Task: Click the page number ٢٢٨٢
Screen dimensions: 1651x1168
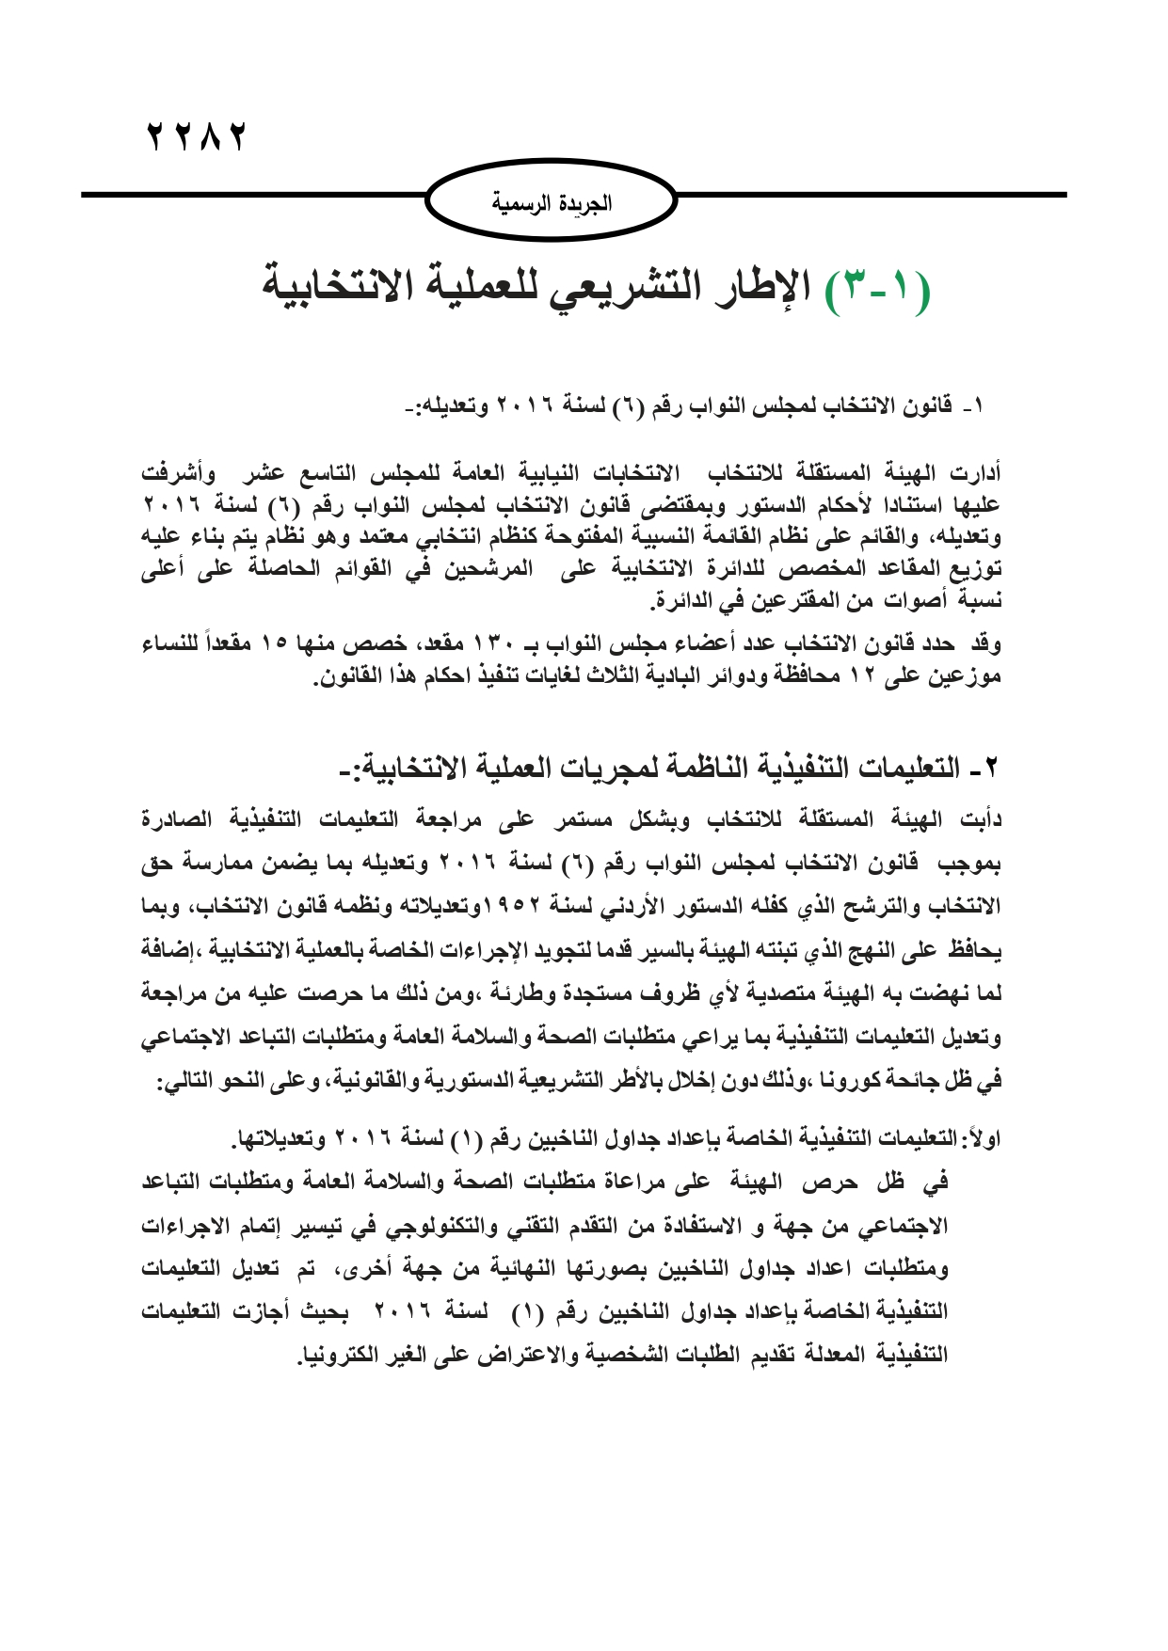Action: pos(197,137)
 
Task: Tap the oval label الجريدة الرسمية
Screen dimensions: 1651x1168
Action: pos(552,202)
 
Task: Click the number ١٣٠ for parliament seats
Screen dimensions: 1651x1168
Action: pos(496,644)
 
